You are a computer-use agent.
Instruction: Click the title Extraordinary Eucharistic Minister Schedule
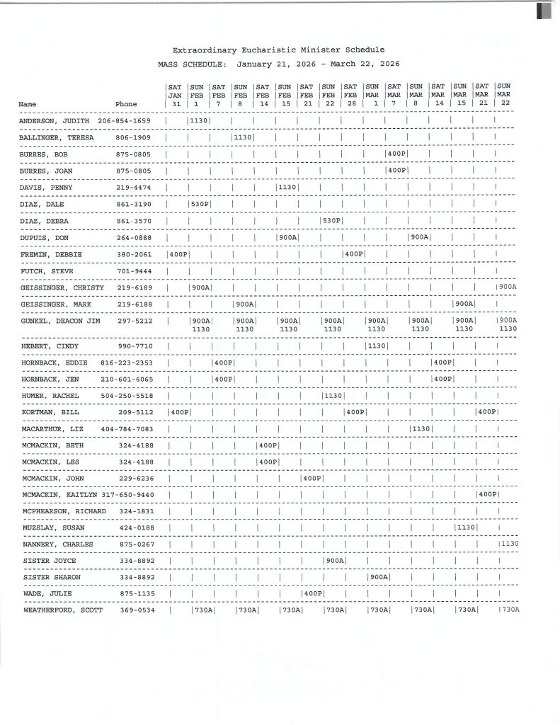279,50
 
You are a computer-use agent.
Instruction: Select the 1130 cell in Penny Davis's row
287,188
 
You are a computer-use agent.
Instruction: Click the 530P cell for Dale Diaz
200,204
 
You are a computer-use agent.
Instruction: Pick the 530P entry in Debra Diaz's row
331,221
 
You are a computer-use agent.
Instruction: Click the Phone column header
126,104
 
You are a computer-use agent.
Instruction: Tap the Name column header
28,104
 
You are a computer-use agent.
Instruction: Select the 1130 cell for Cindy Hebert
376,346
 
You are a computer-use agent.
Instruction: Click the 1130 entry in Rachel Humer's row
332,395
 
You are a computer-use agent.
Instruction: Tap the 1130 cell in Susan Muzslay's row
465,527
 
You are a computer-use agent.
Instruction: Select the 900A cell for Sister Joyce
334,561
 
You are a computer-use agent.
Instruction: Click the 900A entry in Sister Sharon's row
378,577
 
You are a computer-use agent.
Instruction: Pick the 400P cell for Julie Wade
312,593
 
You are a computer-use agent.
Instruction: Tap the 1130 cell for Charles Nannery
509,544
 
